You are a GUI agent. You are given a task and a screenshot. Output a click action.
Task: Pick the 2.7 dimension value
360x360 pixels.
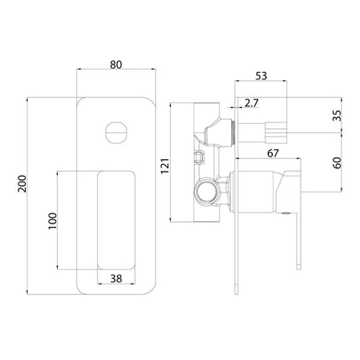click(251, 104)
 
